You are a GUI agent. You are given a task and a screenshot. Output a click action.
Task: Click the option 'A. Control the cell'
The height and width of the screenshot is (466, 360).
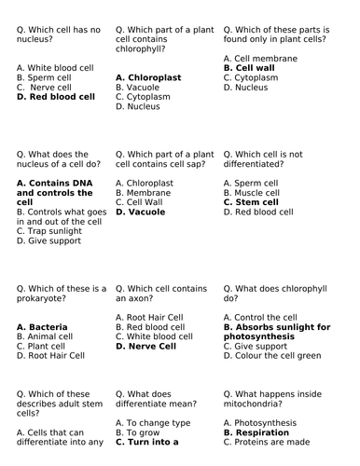click(x=262, y=317)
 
